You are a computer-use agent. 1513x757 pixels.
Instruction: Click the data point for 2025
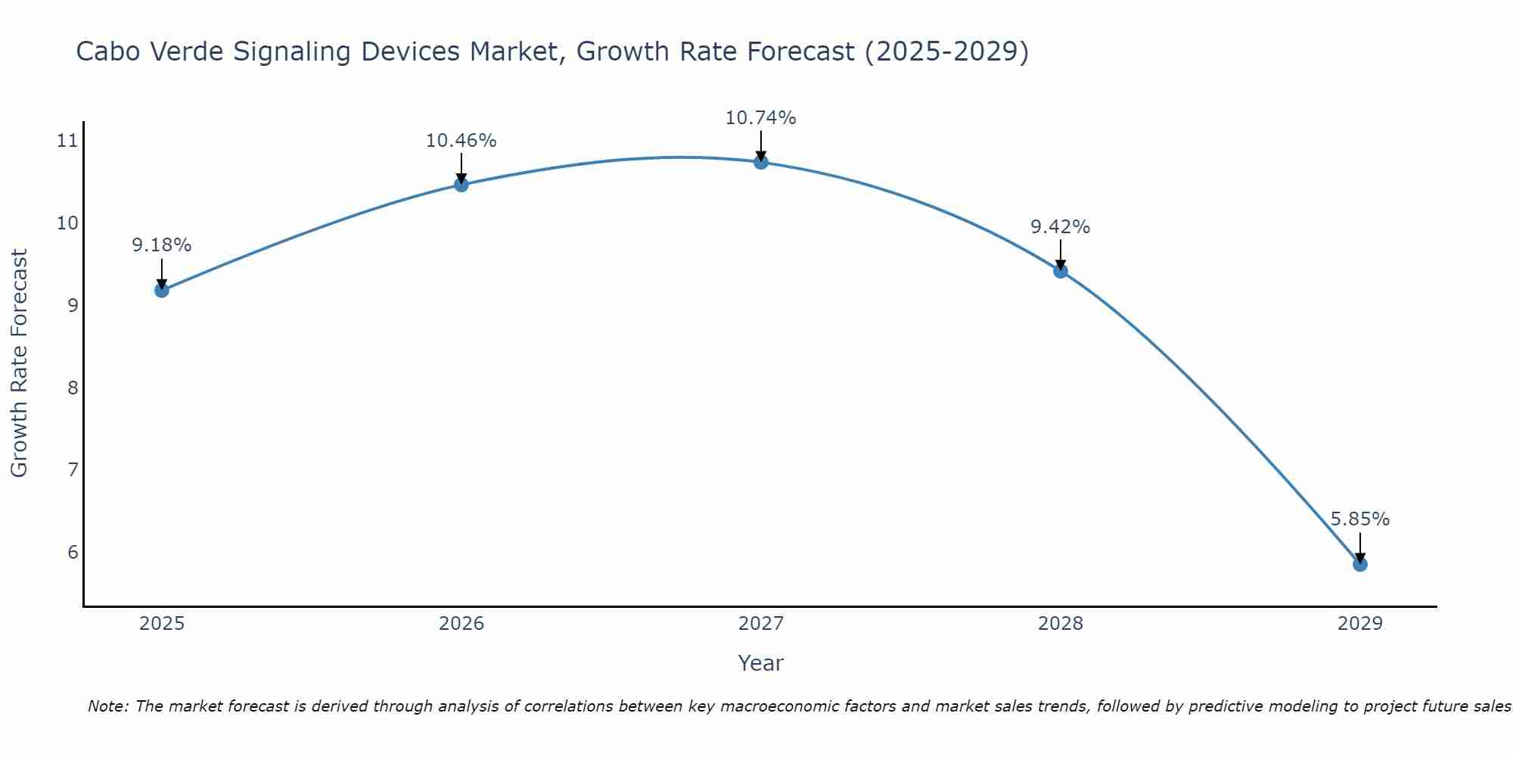(x=162, y=290)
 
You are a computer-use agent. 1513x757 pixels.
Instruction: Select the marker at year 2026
(x=461, y=185)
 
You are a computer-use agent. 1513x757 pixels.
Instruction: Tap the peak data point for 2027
(x=761, y=162)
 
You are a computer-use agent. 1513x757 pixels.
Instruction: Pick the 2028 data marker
(x=1061, y=270)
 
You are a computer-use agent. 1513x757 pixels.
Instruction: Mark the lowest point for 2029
(x=1360, y=564)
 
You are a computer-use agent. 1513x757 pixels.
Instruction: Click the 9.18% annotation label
(x=162, y=245)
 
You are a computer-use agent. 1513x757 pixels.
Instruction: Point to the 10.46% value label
(x=461, y=141)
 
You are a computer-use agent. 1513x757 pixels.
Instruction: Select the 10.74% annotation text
(x=761, y=118)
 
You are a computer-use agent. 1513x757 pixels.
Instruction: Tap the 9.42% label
(x=1061, y=227)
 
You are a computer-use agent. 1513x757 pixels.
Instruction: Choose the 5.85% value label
(x=1360, y=519)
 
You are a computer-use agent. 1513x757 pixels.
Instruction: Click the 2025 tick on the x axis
(x=162, y=624)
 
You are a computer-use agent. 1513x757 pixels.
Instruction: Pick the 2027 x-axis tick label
(x=761, y=624)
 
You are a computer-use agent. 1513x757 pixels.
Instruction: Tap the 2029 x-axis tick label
(x=1360, y=624)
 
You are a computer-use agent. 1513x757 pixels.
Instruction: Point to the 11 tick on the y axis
(x=67, y=141)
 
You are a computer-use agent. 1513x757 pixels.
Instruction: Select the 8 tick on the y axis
(x=73, y=388)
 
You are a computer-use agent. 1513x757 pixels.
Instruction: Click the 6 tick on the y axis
(x=73, y=552)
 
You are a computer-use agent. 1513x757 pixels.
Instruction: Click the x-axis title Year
(x=761, y=663)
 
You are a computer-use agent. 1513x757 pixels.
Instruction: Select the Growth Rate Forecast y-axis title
(x=20, y=363)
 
